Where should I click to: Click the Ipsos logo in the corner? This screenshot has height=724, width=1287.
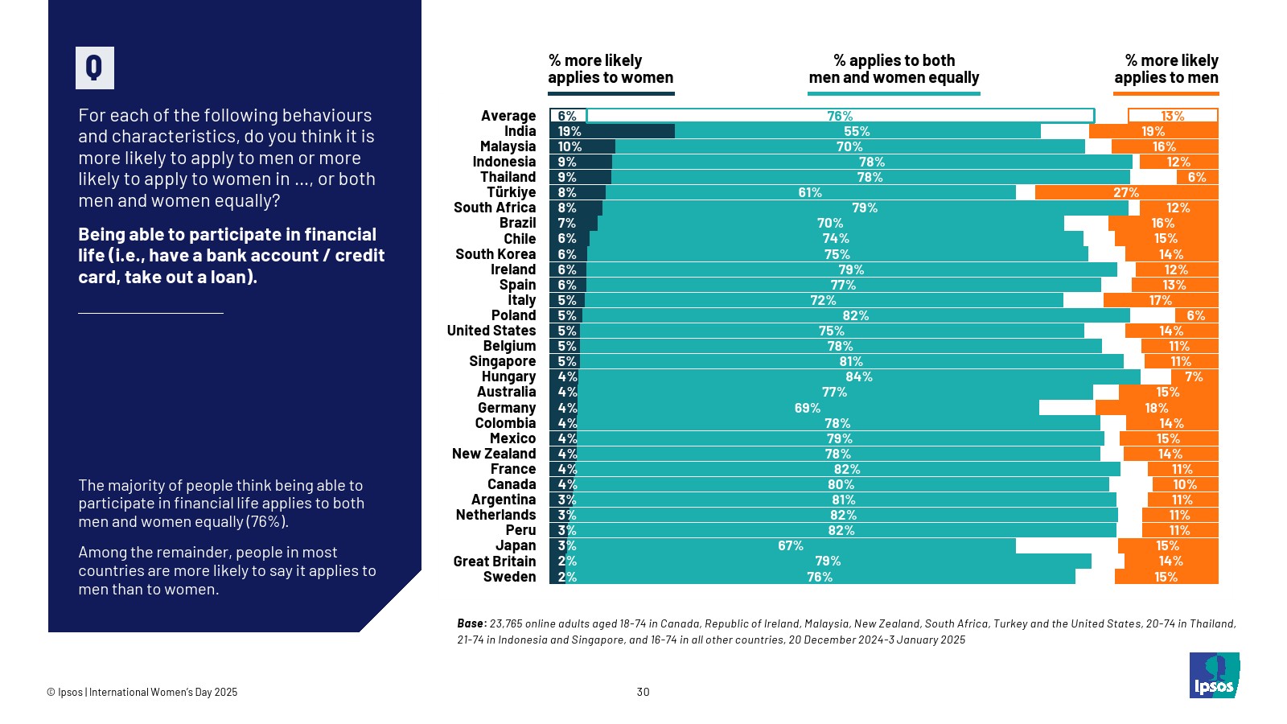point(1214,676)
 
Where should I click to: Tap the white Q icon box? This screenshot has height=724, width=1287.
point(95,68)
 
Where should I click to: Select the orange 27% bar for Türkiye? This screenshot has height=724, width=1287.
point(1126,192)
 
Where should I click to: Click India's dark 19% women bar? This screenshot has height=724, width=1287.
point(612,131)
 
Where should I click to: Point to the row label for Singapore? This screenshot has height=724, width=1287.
point(502,361)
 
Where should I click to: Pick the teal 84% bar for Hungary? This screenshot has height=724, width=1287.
point(858,376)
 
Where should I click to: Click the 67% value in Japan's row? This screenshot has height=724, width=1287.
point(790,546)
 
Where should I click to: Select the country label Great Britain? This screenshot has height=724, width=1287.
point(494,562)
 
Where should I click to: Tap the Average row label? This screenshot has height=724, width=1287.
point(508,116)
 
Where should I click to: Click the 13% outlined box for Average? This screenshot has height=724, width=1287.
point(1172,116)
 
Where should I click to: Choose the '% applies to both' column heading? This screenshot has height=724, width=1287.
point(894,69)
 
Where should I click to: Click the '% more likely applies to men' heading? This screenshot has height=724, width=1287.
point(1166,69)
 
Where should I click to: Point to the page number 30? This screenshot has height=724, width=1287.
point(643,692)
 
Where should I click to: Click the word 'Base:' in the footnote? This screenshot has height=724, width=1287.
point(471,623)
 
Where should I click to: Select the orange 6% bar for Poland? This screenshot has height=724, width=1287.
point(1196,315)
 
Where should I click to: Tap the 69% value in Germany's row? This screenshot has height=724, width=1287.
point(807,408)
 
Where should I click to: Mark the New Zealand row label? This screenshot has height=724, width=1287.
point(493,454)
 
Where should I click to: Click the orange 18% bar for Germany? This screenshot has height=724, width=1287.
point(1157,408)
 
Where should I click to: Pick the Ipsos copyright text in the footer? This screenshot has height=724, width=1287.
point(142,692)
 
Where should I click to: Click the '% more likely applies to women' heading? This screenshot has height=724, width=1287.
point(611,69)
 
